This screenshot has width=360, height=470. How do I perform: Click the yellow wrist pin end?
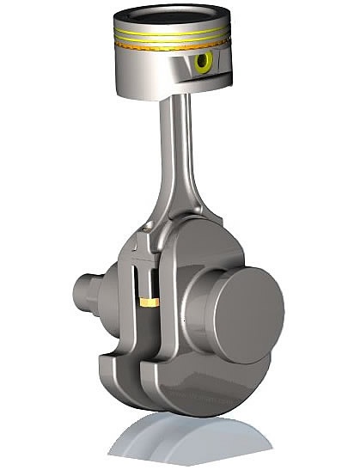tap(204, 62)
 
